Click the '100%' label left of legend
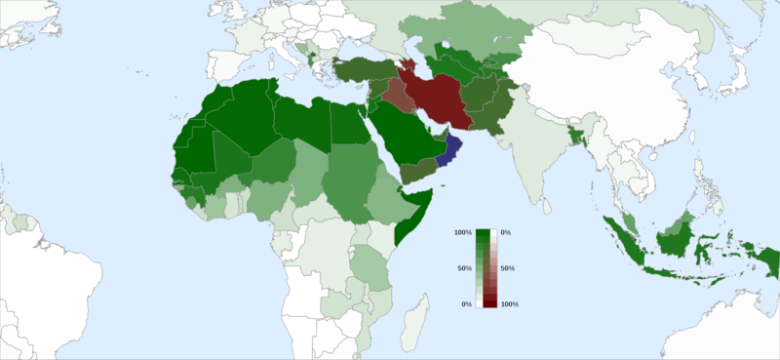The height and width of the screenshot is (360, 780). tap(462, 232)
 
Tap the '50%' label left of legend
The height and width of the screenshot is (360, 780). tap(465, 268)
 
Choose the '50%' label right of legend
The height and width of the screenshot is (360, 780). tap(507, 268)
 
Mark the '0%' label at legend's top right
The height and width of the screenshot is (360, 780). tap(505, 232)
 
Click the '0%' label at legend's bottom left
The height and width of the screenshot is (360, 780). tap(467, 305)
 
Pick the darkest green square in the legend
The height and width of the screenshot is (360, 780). tap(482, 234)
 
